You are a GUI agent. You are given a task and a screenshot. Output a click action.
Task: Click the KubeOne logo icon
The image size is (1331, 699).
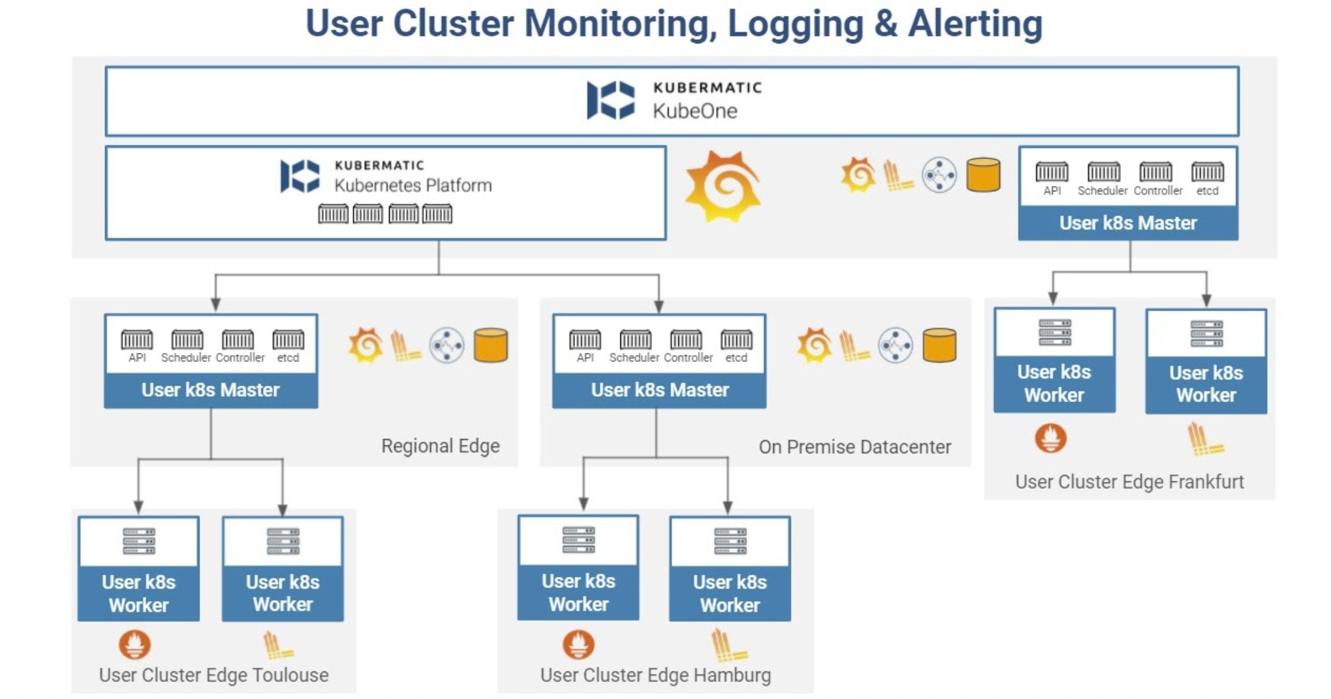tap(610, 100)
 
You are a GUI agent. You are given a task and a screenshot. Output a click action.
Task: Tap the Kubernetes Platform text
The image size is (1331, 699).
tap(413, 185)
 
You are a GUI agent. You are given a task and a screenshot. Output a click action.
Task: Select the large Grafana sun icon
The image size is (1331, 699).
tap(723, 187)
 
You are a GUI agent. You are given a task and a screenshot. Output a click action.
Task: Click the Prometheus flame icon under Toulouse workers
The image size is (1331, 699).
tap(134, 645)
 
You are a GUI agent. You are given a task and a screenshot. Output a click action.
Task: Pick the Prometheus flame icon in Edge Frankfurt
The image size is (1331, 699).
tap(1050, 438)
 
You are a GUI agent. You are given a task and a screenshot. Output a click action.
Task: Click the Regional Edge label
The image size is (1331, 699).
tap(440, 446)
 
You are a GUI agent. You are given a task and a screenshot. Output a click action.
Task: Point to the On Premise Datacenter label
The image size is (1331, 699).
tap(854, 447)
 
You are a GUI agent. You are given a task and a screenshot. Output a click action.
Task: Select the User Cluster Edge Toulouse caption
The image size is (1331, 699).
tap(214, 675)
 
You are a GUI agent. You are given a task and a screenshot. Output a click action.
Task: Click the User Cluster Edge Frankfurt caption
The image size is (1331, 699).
tap(1129, 482)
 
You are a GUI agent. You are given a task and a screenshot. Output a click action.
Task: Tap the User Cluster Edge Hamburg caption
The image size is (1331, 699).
tap(656, 675)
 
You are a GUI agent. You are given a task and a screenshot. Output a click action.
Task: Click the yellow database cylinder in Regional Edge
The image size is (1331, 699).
tap(491, 345)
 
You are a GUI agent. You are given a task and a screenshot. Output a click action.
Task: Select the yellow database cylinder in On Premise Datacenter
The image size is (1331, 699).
tap(939, 345)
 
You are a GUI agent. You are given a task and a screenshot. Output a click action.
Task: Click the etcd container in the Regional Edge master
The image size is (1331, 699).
tap(288, 340)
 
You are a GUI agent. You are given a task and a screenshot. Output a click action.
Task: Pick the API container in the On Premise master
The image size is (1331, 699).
tap(585, 340)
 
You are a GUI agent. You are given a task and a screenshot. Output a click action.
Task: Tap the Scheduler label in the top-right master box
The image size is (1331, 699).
tap(1102, 191)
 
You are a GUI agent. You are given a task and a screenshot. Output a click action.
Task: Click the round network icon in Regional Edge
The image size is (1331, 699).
tap(446, 345)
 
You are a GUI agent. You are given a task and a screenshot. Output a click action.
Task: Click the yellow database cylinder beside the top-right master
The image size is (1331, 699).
tap(983, 175)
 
